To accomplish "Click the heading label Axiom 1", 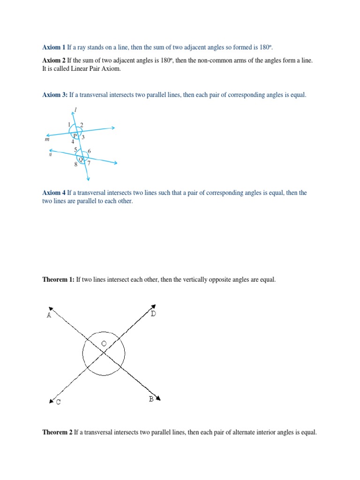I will [54, 48].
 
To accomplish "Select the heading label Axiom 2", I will [54, 61].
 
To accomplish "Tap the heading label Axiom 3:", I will [55, 95].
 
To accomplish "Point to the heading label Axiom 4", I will [54, 193].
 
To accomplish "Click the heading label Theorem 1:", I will [59, 279].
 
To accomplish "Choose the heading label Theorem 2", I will [58, 432].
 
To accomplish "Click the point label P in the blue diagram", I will [74, 135].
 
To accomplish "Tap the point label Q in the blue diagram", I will [80, 159].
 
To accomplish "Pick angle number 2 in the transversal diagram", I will [82, 125].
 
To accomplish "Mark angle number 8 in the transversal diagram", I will [75, 165].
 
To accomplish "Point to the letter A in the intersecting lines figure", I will [49, 315].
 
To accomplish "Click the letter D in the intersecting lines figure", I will [153, 313].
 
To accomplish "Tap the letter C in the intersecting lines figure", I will [58, 402].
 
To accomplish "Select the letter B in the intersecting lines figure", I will [151, 399].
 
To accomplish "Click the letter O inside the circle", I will [104, 344].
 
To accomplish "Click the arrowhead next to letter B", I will [158, 398].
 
